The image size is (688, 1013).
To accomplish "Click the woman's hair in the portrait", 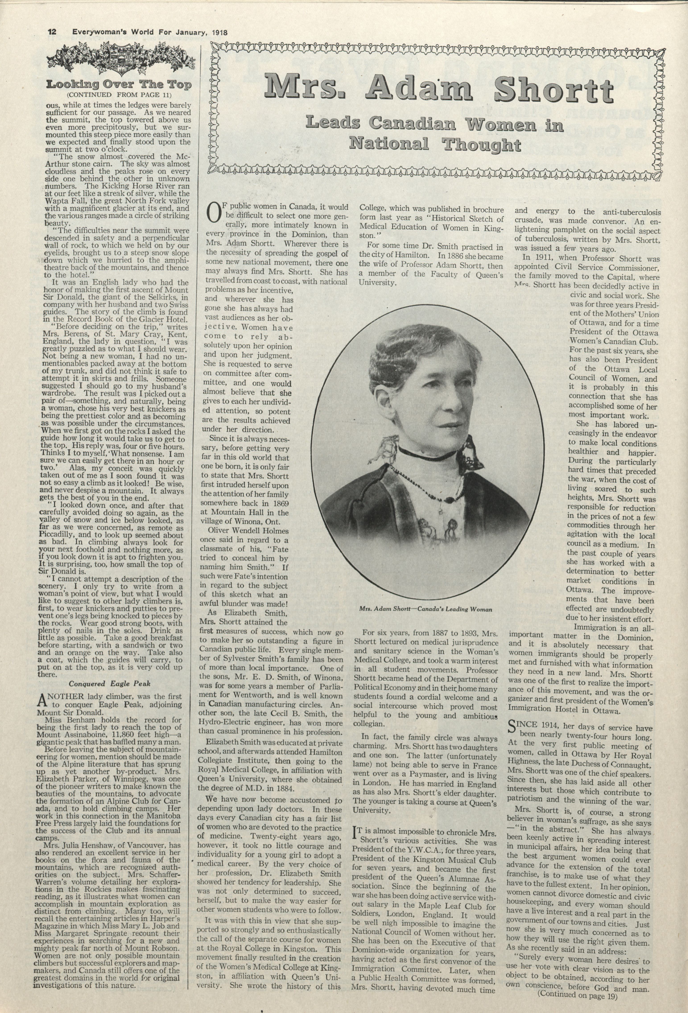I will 418,362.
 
